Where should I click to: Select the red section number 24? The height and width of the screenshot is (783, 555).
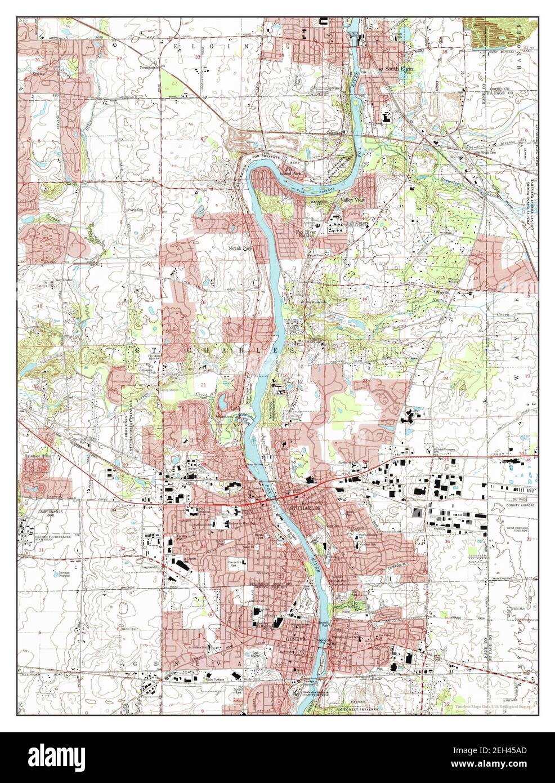pyautogui.click(x=446, y=377)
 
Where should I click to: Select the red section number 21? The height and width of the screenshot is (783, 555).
pyautogui.click(x=204, y=384)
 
